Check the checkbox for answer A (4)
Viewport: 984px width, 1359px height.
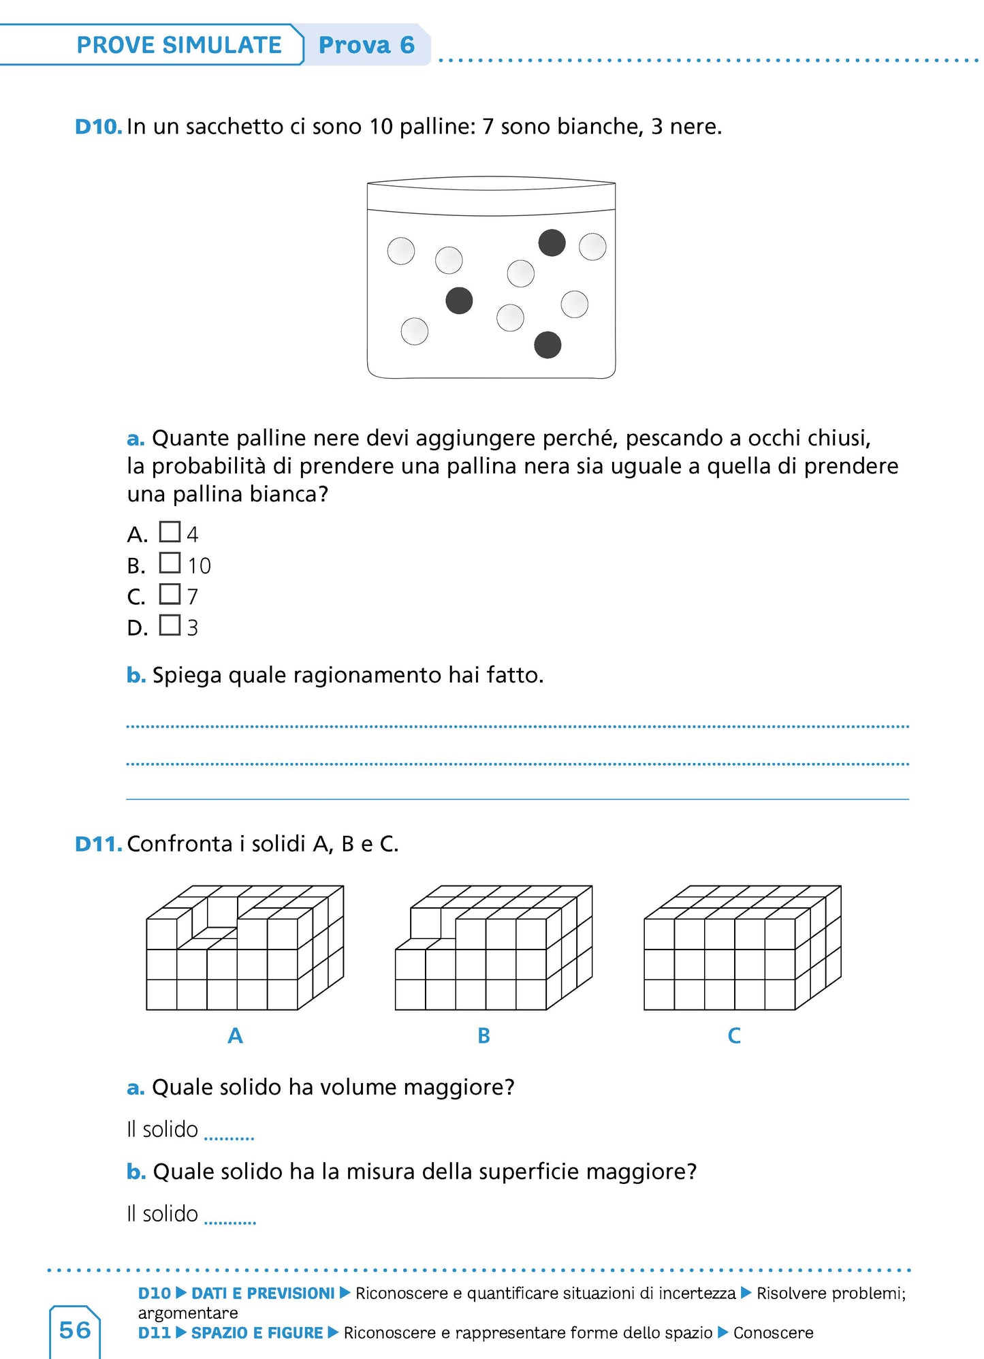point(170,531)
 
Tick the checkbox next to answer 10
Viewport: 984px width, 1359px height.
point(170,563)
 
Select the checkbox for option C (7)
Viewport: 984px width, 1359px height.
point(170,594)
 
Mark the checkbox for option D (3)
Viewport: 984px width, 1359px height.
point(170,625)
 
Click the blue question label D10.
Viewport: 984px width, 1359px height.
point(98,127)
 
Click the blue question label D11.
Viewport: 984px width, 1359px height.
point(98,844)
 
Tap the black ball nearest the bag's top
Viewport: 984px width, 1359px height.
point(552,243)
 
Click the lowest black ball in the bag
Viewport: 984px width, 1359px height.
point(547,345)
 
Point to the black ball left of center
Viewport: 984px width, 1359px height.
point(459,300)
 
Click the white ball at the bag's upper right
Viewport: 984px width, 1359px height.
point(592,247)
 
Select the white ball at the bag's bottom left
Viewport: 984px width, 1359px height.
point(415,332)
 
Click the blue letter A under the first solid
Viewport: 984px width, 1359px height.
point(235,1036)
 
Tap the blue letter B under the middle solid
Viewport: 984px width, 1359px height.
point(483,1036)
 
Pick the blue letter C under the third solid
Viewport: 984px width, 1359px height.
point(733,1036)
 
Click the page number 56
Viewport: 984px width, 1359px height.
point(75,1330)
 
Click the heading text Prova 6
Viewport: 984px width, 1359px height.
point(366,45)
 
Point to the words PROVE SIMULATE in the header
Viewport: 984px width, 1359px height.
point(179,45)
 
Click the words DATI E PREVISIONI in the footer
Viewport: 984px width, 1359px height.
point(263,1294)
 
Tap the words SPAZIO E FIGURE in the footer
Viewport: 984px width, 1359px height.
point(257,1333)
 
